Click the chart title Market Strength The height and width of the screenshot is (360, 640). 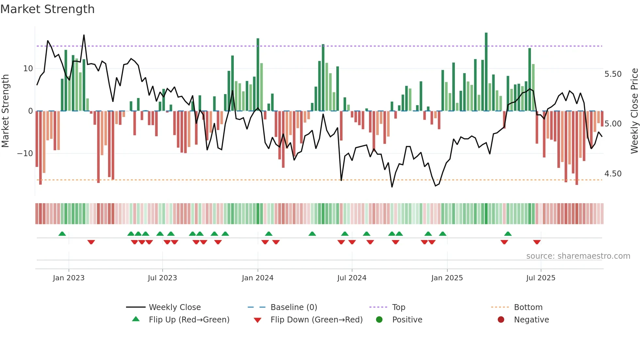pos(47,9)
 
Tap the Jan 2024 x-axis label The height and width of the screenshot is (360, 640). pos(257,278)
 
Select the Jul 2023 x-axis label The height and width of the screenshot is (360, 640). pos(162,278)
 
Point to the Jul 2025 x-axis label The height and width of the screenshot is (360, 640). pos(540,278)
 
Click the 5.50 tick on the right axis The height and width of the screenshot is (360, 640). pos(613,74)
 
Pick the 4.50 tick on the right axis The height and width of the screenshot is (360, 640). pos(613,174)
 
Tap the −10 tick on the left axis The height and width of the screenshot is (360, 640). pos(25,154)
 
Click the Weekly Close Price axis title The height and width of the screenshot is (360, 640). pos(634,111)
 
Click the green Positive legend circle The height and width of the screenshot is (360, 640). pos(379,320)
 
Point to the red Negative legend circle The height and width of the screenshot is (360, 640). pos(501,320)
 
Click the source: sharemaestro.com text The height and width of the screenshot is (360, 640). pos(578,256)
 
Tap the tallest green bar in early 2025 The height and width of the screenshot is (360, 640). pos(486,72)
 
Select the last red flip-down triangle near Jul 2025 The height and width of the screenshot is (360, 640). pos(537,242)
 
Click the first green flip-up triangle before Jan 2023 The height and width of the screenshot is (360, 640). pos(62,234)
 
